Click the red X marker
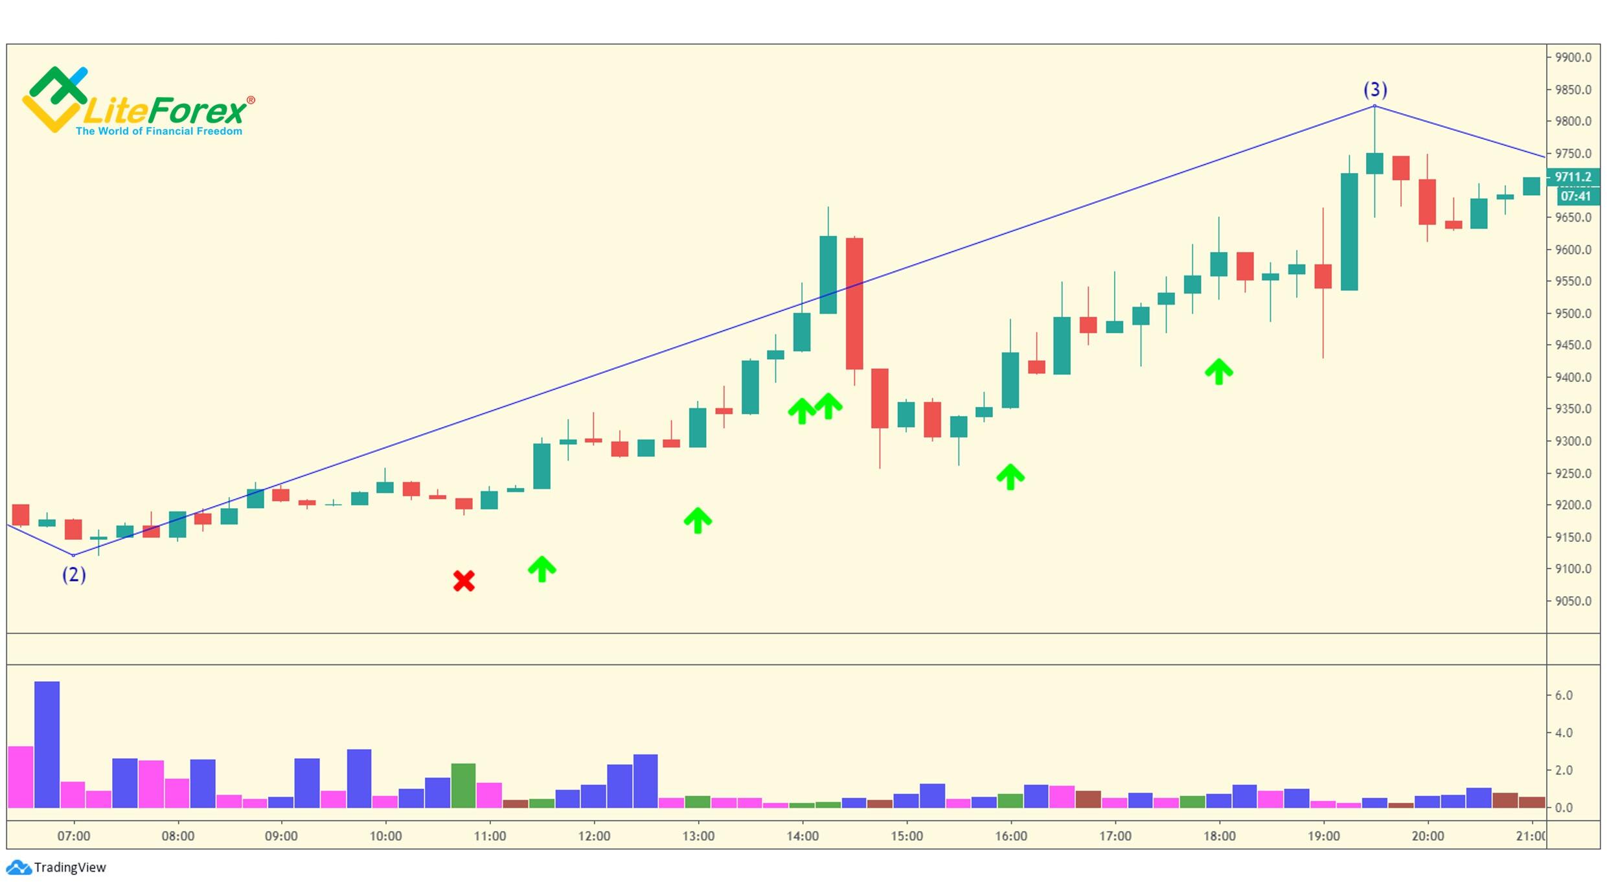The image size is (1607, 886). (464, 581)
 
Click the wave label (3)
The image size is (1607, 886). (1375, 89)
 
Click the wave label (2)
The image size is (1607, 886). (74, 575)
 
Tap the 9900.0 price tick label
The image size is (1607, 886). (1573, 58)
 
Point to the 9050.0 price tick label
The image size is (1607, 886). (1573, 601)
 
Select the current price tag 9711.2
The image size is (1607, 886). (1573, 177)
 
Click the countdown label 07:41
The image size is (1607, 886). (1575, 196)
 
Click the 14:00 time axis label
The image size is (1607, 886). (803, 836)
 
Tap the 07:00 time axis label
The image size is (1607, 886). (73, 836)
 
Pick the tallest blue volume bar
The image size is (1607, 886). (47, 745)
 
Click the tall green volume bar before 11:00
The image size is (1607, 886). (463, 786)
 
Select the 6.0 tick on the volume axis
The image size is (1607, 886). (1563, 695)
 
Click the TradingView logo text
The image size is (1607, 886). (69, 868)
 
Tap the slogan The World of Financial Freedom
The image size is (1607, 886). (159, 132)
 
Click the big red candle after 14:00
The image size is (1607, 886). (854, 303)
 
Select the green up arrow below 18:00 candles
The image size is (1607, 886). (1218, 372)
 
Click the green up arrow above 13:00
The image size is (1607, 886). (698, 520)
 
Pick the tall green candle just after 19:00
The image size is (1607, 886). (1349, 231)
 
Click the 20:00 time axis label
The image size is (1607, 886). (1428, 836)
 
